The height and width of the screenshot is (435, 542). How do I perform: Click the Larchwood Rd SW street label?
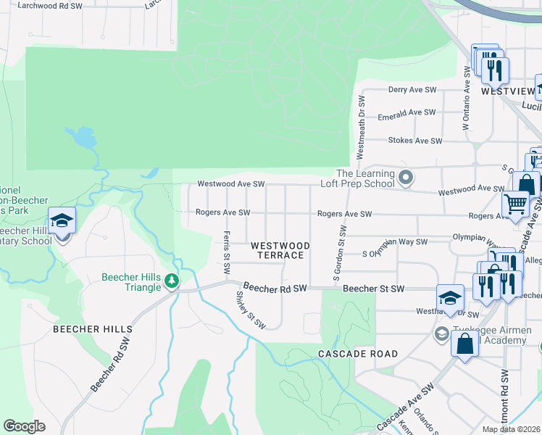[48, 5]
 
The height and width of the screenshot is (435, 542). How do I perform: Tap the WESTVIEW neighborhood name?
[507, 92]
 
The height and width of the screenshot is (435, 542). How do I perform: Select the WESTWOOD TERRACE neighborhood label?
[280, 251]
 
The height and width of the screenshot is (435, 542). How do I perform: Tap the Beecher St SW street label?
[373, 289]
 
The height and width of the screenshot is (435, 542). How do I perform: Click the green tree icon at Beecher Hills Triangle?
[171, 280]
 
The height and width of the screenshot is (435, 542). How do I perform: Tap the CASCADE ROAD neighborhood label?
[358, 354]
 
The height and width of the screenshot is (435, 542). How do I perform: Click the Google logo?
[24, 426]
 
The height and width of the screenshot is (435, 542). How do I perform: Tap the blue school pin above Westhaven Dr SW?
[449, 297]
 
